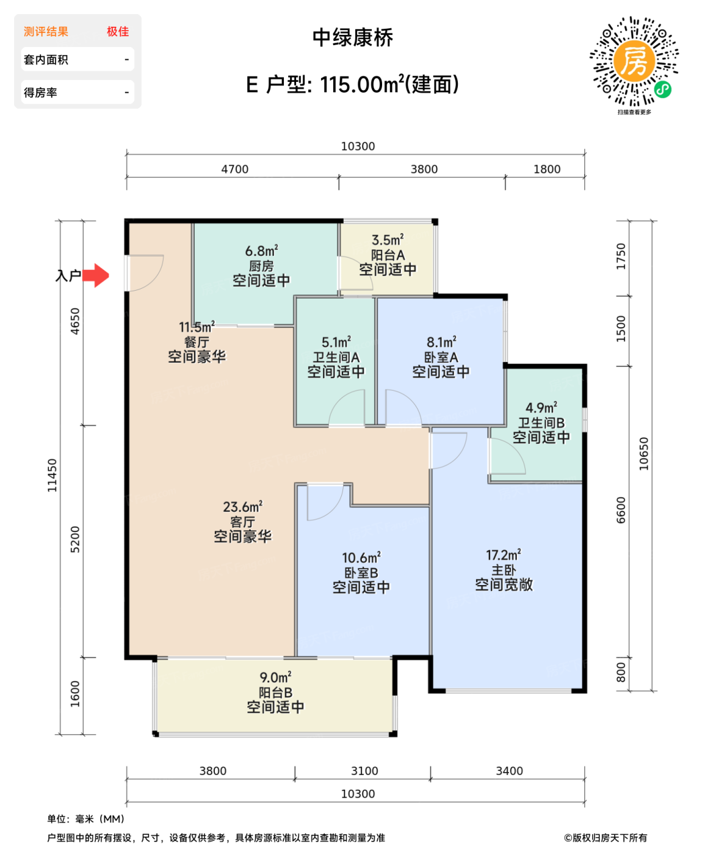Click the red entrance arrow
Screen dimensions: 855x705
click(96, 275)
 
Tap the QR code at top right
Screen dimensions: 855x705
click(634, 62)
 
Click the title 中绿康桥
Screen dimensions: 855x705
click(352, 38)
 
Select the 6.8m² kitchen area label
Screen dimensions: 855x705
click(261, 266)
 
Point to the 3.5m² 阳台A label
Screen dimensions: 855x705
click(388, 255)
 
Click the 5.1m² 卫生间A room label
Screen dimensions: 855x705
click(336, 357)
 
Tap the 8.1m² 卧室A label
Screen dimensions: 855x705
click(441, 357)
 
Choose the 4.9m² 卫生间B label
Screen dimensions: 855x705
click(541, 423)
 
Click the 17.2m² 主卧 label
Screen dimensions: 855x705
click(504, 570)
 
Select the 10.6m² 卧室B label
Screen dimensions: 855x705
click(361, 573)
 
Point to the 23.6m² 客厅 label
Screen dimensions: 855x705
click(242, 522)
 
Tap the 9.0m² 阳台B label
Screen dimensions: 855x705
click(275, 693)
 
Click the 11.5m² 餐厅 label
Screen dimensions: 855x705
click(197, 342)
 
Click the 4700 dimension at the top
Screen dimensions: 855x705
click(234, 169)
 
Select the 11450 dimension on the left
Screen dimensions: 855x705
click(52, 475)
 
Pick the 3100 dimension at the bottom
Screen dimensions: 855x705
click(364, 771)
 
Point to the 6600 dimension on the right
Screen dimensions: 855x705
click(621, 510)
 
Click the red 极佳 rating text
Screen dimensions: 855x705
click(118, 32)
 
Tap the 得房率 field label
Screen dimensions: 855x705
click(40, 93)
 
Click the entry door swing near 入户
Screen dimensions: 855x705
click(146, 272)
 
